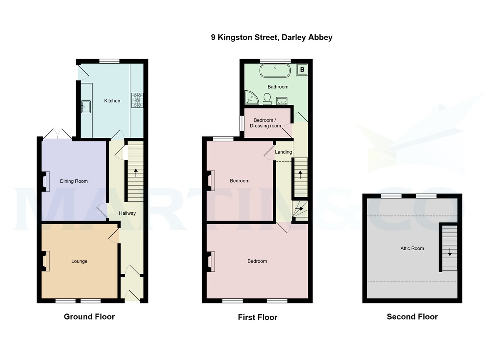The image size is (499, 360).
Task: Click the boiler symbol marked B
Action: pyautogui.click(x=302, y=70)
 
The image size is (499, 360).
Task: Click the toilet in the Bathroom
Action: pyautogui.click(x=267, y=98)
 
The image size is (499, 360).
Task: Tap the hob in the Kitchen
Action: pyautogui.click(x=136, y=100)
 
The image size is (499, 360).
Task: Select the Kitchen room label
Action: pyautogui.click(x=112, y=101)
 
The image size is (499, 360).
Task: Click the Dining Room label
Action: pyautogui.click(x=74, y=181)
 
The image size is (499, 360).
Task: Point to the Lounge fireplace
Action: pyautogui.click(x=45, y=261)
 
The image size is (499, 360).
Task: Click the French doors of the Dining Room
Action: pyautogui.click(x=58, y=134)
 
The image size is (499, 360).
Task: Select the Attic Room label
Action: pyautogui.click(x=412, y=248)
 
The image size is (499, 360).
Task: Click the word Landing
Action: pyautogui.click(x=284, y=152)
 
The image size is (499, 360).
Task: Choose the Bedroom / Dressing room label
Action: pyautogui.click(x=267, y=123)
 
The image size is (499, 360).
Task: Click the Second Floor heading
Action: pyautogui.click(x=412, y=317)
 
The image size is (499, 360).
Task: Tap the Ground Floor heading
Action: pyautogui.click(x=89, y=317)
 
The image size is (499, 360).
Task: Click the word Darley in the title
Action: pyautogui.click(x=294, y=37)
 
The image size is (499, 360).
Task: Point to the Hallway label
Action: pyautogui.click(x=127, y=213)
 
